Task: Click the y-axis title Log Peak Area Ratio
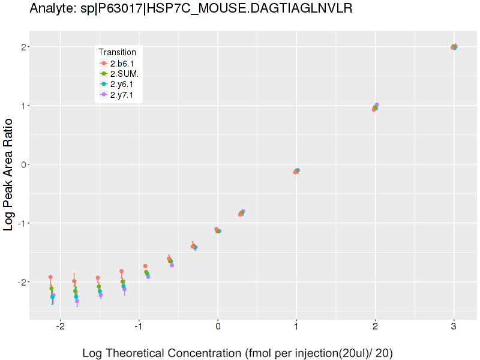tap(10, 174)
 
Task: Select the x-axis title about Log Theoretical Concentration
tap(237, 353)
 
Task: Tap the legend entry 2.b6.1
tap(124, 63)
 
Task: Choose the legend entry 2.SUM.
tap(124, 73)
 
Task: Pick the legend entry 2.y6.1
tap(124, 84)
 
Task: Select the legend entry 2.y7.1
tap(124, 94)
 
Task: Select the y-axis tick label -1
tap(18, 223)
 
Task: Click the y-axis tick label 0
tap(20, 164)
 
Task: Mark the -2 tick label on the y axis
tap(18, 282)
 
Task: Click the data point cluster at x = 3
tap(454, 47)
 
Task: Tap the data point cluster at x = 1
tap(296, 171)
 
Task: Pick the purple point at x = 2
tap(377, 105)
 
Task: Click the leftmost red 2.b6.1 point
tap(50, 277)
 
